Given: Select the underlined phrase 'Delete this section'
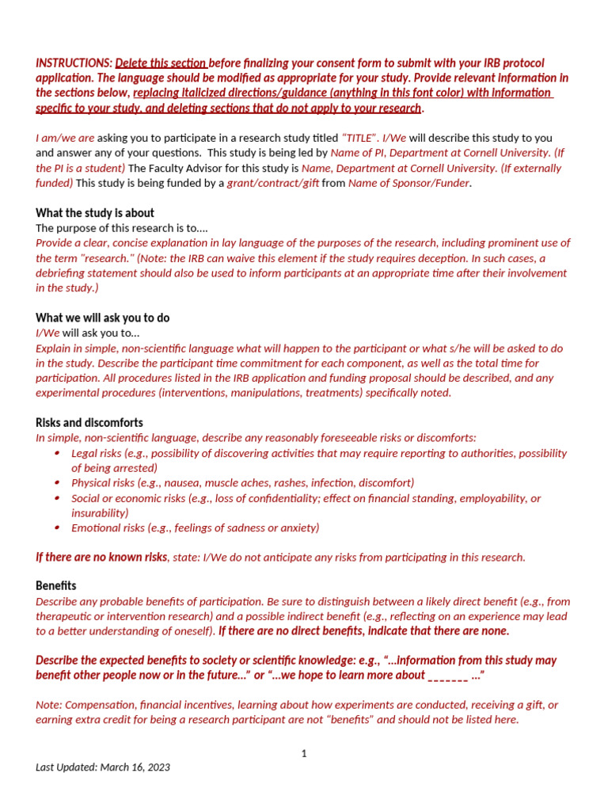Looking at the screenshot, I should (x=161, y=63).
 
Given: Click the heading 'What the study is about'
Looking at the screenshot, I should (x=95, y=213).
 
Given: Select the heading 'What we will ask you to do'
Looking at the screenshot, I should (x=102, y=318).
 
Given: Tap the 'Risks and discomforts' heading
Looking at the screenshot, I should (x=89, y=423).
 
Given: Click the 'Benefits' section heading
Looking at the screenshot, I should (x=56, y=585).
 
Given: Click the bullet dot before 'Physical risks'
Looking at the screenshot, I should (x=57, y=482).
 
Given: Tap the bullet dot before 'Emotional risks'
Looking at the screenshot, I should (x=57, y=527).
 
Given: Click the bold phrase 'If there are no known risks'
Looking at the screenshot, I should (x=101, y=557).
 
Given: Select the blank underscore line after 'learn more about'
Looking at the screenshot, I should (x=447, y=676).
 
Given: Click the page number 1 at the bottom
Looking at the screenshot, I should (x=304, y=753).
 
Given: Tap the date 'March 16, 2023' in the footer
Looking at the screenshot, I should (x=135, y=767).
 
